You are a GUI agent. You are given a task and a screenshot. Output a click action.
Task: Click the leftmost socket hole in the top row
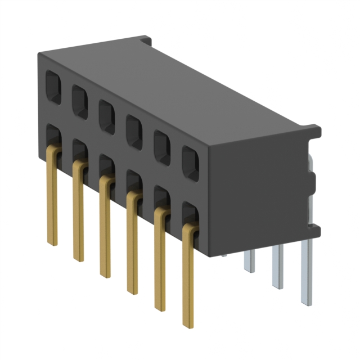point(53,88)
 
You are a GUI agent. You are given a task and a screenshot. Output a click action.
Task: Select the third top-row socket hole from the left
point(107,116)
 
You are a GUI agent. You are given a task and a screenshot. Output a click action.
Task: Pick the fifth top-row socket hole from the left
point(162,147)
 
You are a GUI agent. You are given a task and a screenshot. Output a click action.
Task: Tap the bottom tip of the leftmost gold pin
point(52,242)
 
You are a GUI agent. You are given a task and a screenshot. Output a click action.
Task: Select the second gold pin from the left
point(79,214)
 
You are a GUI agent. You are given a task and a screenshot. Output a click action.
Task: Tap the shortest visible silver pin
point(249,262)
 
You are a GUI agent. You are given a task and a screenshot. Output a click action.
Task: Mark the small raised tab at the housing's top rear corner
point(145,41)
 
